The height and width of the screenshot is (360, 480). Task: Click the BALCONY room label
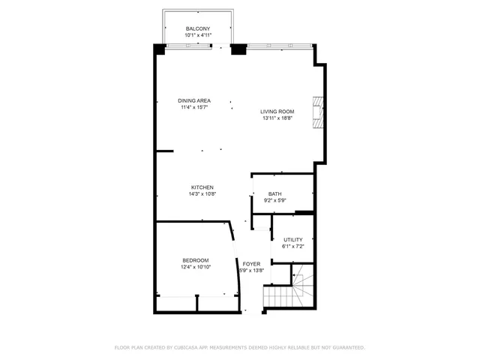199,28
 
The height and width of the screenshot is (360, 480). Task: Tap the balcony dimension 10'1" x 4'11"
199,35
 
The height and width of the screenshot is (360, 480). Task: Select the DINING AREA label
194,100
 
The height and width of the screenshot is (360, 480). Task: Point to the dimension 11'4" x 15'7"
194,107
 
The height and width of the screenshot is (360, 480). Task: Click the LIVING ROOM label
277,112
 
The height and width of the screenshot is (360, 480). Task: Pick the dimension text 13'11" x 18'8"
277,118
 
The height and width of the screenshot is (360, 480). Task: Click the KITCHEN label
202,187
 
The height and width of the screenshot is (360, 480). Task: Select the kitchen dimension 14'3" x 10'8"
202,194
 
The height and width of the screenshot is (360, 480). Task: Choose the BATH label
275,193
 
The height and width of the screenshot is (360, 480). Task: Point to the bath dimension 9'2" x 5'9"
275,200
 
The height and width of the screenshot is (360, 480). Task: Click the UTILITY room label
292,240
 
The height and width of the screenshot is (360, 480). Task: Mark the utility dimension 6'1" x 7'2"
292,247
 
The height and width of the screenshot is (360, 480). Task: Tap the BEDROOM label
195,260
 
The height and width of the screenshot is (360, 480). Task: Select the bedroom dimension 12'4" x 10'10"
195,267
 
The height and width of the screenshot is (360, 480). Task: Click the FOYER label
250,264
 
